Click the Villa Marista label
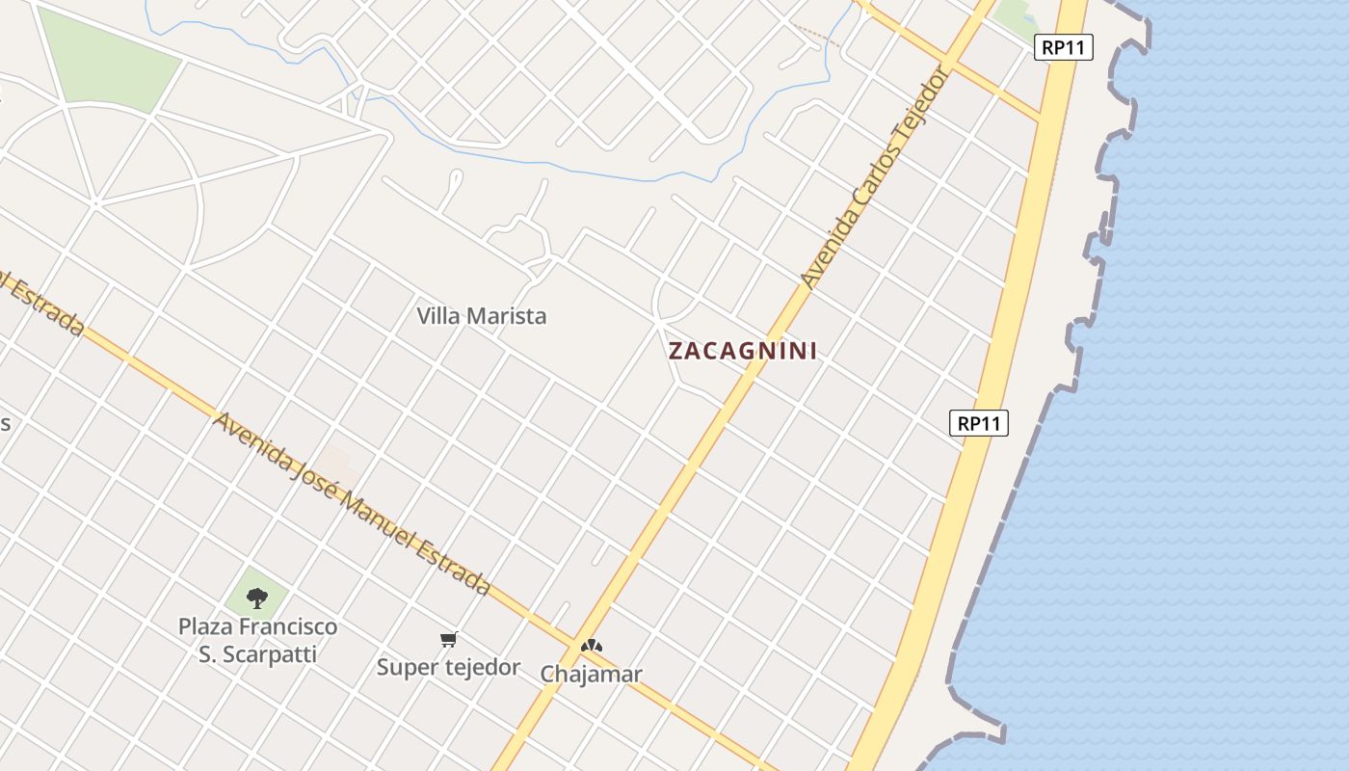(x=481, y=316)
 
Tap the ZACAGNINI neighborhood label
(x=743, y=351)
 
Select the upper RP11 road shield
(x=1064, y=47)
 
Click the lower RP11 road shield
(x=979, y=423)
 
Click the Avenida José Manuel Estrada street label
(x=352, y=504)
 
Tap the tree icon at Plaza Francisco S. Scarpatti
(x=256, y=598)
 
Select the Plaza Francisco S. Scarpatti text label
(x=258, y=641)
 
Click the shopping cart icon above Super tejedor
(x=448, y=639)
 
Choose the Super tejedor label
(x=448, y=667)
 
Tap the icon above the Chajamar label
(x=591, y=646)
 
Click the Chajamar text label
(x=591, y=674)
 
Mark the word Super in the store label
(x=406, y=667)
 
